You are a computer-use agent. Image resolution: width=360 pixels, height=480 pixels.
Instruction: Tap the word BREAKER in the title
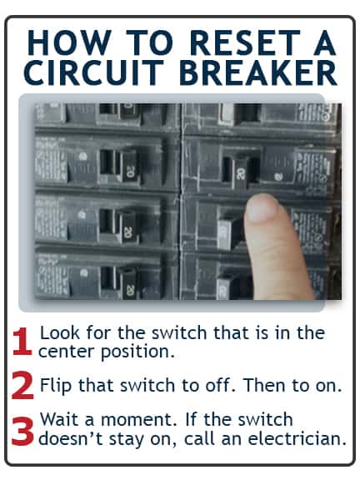coord(258,72)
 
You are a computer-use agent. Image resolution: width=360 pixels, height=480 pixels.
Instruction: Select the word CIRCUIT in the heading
coord(92,72)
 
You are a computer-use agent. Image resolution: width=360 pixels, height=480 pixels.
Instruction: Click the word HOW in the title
coord(68,42)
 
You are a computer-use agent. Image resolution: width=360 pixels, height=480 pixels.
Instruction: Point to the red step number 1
coord(22,342)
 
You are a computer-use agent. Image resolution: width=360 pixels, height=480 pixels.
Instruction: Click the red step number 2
coord(22,385)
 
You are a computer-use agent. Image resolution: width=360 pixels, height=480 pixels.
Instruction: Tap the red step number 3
coord(22,431)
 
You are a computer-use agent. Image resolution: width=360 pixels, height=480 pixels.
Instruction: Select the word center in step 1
coord(66,352)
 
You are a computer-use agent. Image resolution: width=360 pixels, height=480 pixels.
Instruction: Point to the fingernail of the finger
coord(262,209)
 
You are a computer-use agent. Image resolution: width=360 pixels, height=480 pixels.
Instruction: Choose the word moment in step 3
coord(139,419)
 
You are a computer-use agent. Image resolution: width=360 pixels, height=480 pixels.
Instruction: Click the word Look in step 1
coord(60,332)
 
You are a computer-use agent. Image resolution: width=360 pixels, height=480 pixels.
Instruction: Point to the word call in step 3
coord(199,438)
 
